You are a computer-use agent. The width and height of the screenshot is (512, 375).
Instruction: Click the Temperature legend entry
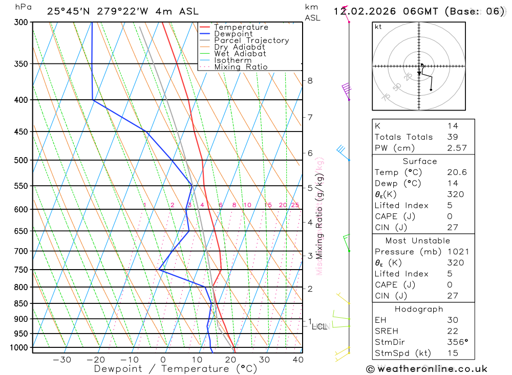[241, 27]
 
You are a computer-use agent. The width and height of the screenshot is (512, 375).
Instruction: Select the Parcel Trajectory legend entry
[251, 40]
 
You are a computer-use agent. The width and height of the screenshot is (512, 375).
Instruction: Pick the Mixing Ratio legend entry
[241, 67]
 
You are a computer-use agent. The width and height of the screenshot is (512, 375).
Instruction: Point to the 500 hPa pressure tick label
[21, 160]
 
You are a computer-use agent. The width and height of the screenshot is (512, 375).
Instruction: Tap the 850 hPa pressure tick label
[21, 303]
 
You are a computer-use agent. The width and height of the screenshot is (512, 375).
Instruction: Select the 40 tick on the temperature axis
[298, 360]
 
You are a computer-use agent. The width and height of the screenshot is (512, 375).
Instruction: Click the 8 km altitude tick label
[310, 80]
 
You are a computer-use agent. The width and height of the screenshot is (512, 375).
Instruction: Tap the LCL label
[319, 326]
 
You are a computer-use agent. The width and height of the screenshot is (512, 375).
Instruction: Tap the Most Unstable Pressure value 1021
[455, 252]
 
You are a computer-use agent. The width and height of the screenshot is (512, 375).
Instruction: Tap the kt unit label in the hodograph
[378, 27]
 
